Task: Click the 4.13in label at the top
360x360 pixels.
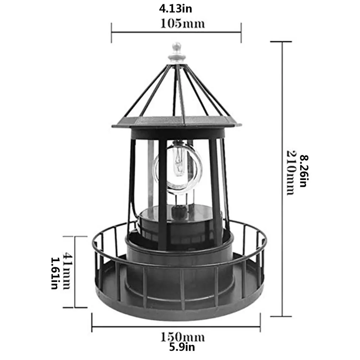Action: (x=175, y=9)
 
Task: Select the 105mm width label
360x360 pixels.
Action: (x=182, y=24)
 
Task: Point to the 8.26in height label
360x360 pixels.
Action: (x=303, y=171)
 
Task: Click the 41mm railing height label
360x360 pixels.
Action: (x=67, y=271)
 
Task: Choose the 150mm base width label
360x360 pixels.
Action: (x=182, y=336)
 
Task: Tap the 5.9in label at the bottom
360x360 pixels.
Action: (x=182, y=347)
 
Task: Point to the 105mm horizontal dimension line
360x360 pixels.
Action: (x=176, y=32)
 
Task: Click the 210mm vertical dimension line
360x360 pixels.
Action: (x=282, y=178)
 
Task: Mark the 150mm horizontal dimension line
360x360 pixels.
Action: (x=176, y=326)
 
